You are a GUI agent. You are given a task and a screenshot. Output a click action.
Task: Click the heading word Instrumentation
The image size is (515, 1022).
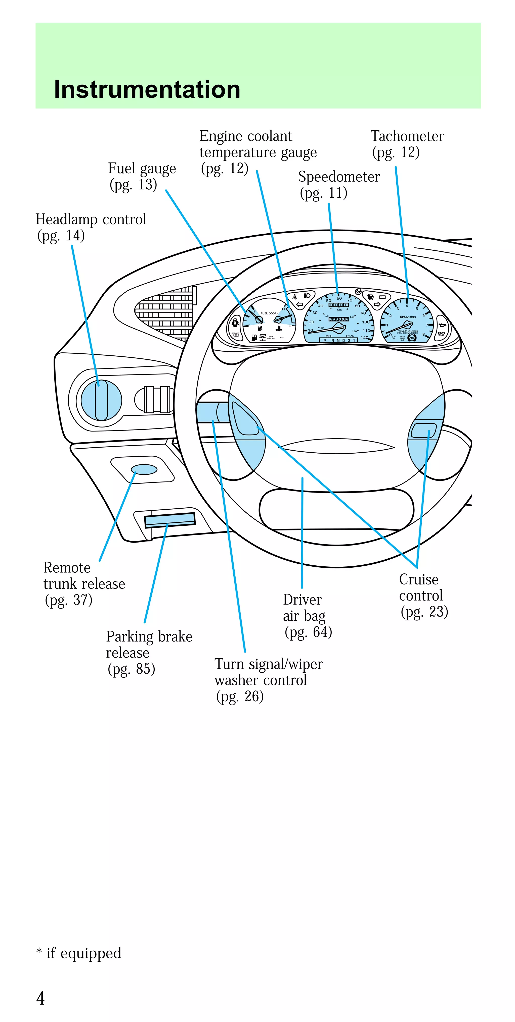(x=147, y=90)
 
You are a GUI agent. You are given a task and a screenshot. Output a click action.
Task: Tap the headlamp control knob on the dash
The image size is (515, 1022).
(x=101, y=400)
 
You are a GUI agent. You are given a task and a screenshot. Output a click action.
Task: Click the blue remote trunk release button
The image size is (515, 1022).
(x=144, y=469)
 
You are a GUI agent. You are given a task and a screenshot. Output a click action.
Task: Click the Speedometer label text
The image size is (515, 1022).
(x=339, y=177)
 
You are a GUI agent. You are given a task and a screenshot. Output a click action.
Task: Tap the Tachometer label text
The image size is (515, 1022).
(x=407, y=136)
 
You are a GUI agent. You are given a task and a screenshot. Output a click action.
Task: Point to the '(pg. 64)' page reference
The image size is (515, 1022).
(x=308, y=632)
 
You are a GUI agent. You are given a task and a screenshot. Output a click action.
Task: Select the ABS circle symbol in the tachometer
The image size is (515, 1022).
(x=412, y=338)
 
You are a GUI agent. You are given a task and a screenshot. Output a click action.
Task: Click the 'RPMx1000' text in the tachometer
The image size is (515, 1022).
(x=408, y=317)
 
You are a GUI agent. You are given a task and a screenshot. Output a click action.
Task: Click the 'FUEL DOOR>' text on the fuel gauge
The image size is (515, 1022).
(x=269, y=313)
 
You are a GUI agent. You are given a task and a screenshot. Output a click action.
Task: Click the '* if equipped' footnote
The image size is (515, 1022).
(x=79, y=953)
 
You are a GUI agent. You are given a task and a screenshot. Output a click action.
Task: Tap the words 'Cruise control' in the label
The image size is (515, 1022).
(x=420, y=587)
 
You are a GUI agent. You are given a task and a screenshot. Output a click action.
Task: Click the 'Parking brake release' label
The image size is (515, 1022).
(x=149, y=644)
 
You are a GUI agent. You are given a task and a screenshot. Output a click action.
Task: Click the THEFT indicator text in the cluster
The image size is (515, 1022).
(x=281, y=338)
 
